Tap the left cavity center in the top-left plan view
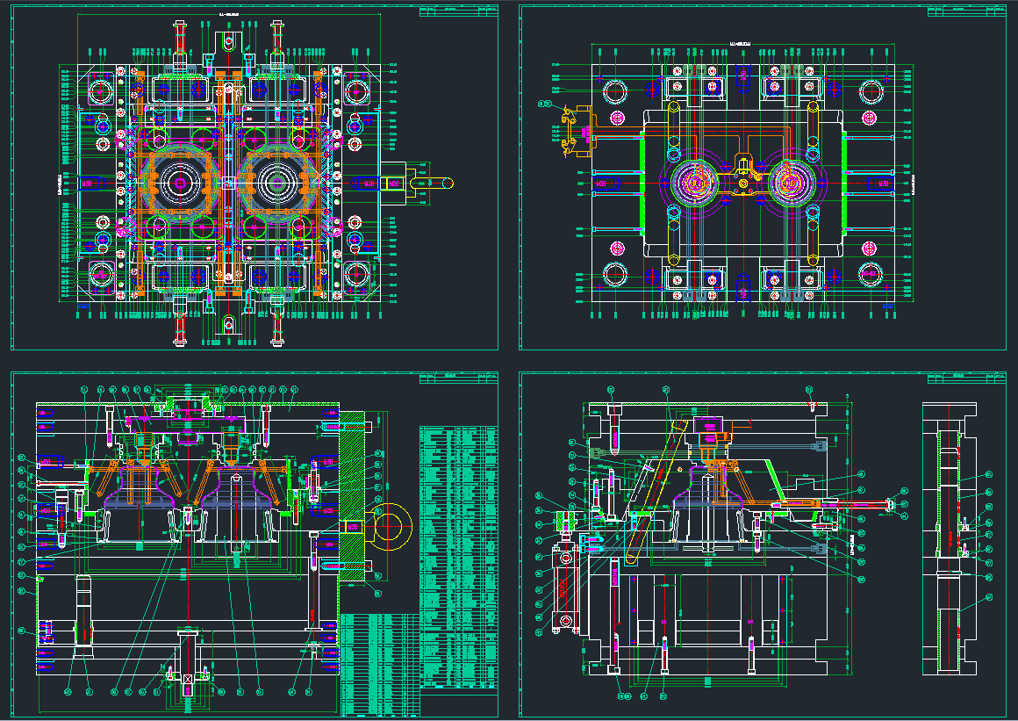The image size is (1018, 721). [180, 183]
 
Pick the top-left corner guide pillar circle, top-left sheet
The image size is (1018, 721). [99, 90]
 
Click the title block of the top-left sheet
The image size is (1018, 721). [458, 11]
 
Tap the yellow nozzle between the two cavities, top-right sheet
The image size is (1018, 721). [744, 171]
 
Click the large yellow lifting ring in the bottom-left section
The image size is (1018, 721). [393, 525]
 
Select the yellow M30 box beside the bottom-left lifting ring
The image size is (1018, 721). [354, 525]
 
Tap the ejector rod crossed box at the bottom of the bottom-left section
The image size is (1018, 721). [187, 681]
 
